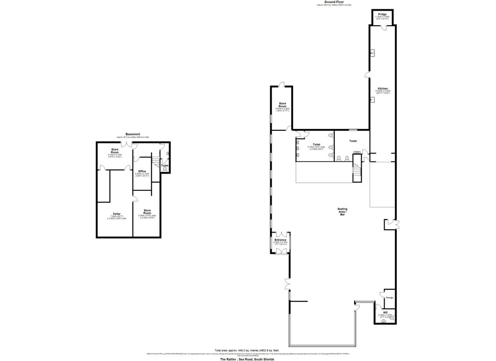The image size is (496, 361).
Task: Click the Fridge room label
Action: pos(382,15)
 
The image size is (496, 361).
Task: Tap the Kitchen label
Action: pos(383,89)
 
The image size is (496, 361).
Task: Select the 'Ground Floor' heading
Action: pos(334,2)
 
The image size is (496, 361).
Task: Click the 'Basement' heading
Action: pos(133,134)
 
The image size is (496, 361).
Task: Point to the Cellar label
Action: pos(117,213)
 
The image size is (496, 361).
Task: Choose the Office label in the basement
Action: pos(142,172)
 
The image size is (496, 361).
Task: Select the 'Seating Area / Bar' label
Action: pos(342,211)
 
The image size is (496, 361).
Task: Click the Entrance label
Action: pos(280,240)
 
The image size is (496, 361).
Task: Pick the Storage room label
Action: pos(389,297)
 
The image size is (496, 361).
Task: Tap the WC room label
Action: pos(386,312)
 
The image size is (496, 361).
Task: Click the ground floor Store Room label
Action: pos(282,105)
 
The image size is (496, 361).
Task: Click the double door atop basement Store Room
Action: pos(127,144)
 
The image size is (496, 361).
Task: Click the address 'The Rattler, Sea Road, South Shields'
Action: pos(247,359)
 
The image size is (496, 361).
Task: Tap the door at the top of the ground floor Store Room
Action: pos(282,86)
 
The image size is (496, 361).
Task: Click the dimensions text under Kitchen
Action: pos(383,92)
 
